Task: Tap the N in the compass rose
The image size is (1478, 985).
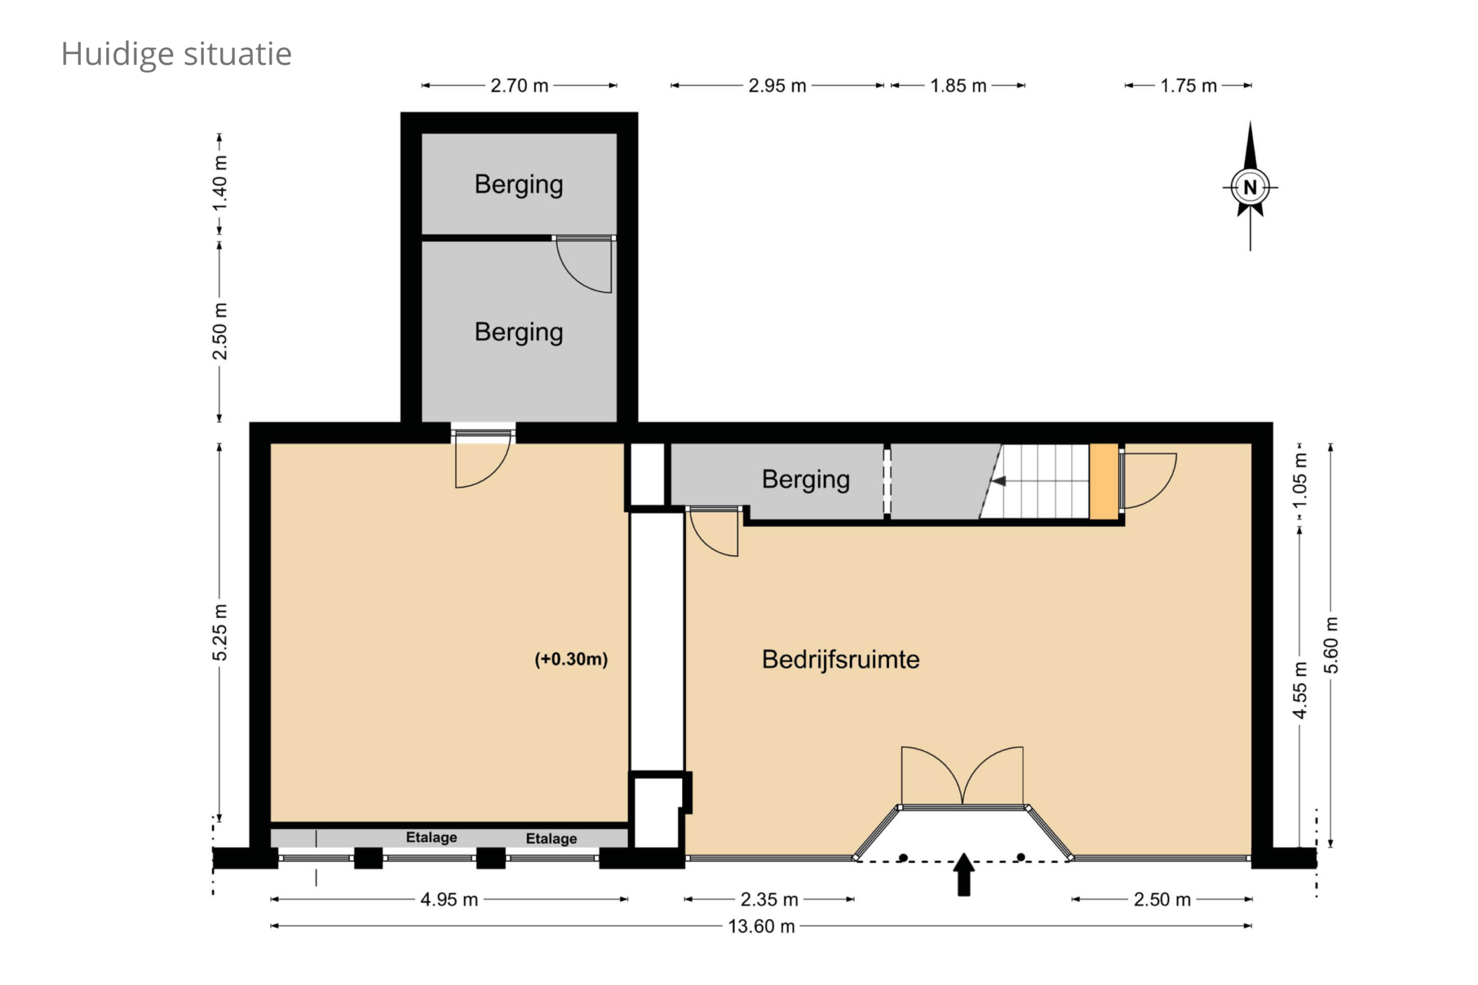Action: click(x=1249, y=186)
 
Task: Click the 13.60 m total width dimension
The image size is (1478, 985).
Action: click(x=761, y=927)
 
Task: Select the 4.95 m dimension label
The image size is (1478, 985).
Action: click(x=449, y=900)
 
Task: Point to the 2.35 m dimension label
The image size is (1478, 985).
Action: click(x=769, y=900)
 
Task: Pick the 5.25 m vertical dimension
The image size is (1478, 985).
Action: click(x=220, y=632)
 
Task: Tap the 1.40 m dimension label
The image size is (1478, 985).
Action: click(x=220, y=184)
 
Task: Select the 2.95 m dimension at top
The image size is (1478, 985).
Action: click(x=777, y=85)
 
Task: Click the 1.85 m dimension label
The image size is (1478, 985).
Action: click(x=958, y=85)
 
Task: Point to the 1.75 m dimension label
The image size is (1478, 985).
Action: click(x=1188, y=85)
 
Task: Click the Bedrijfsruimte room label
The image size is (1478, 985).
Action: click(x=841, y=659)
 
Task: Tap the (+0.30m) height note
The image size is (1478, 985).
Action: click(x=571, y=659)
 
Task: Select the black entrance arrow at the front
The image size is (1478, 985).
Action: click(x=964, y=873)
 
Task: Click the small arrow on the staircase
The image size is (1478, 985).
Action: click(x=998, y=481)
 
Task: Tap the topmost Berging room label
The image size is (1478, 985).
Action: click(x=519, y=185)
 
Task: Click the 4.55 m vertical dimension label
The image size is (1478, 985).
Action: click(x=1300, y=690)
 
